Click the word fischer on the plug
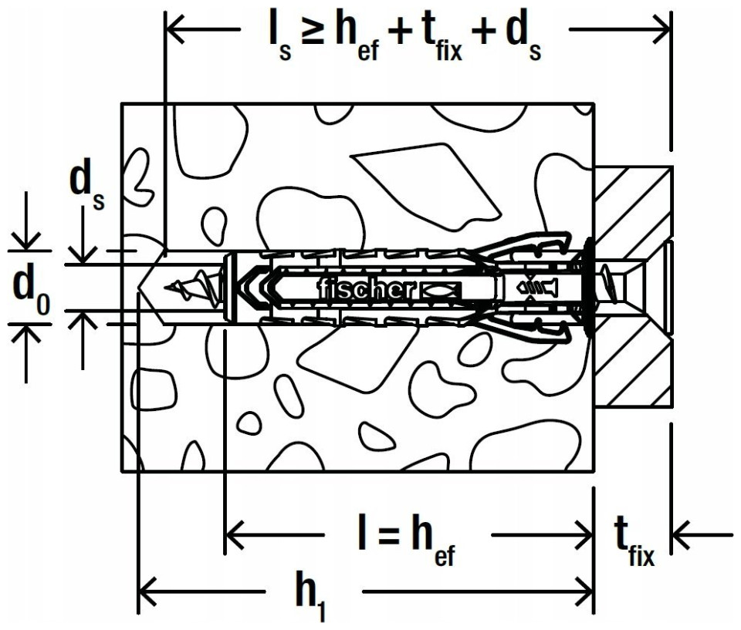(x=367, y=289)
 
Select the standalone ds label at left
(x=87, y=187)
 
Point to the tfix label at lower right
(x=634, y=541)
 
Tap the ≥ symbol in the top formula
(x=311, y=34)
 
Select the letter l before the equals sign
(x=362, y=532)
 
